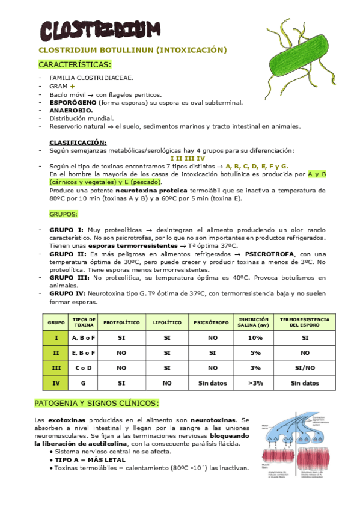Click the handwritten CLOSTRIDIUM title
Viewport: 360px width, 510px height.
coord(100,29)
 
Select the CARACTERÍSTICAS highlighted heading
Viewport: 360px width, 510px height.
coord(75,64)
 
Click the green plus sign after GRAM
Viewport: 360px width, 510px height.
coord(72,87)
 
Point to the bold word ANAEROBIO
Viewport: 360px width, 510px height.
coord(71,111)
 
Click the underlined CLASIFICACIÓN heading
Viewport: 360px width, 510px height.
coord(78,143)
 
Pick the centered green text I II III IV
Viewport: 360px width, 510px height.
coord(188,158)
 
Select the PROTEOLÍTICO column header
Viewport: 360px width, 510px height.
coord(121,322)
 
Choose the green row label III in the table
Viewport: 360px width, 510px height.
coord(56,367)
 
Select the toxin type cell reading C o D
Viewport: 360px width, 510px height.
coord(84,367)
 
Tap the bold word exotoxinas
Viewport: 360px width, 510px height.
coord(65,419)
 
